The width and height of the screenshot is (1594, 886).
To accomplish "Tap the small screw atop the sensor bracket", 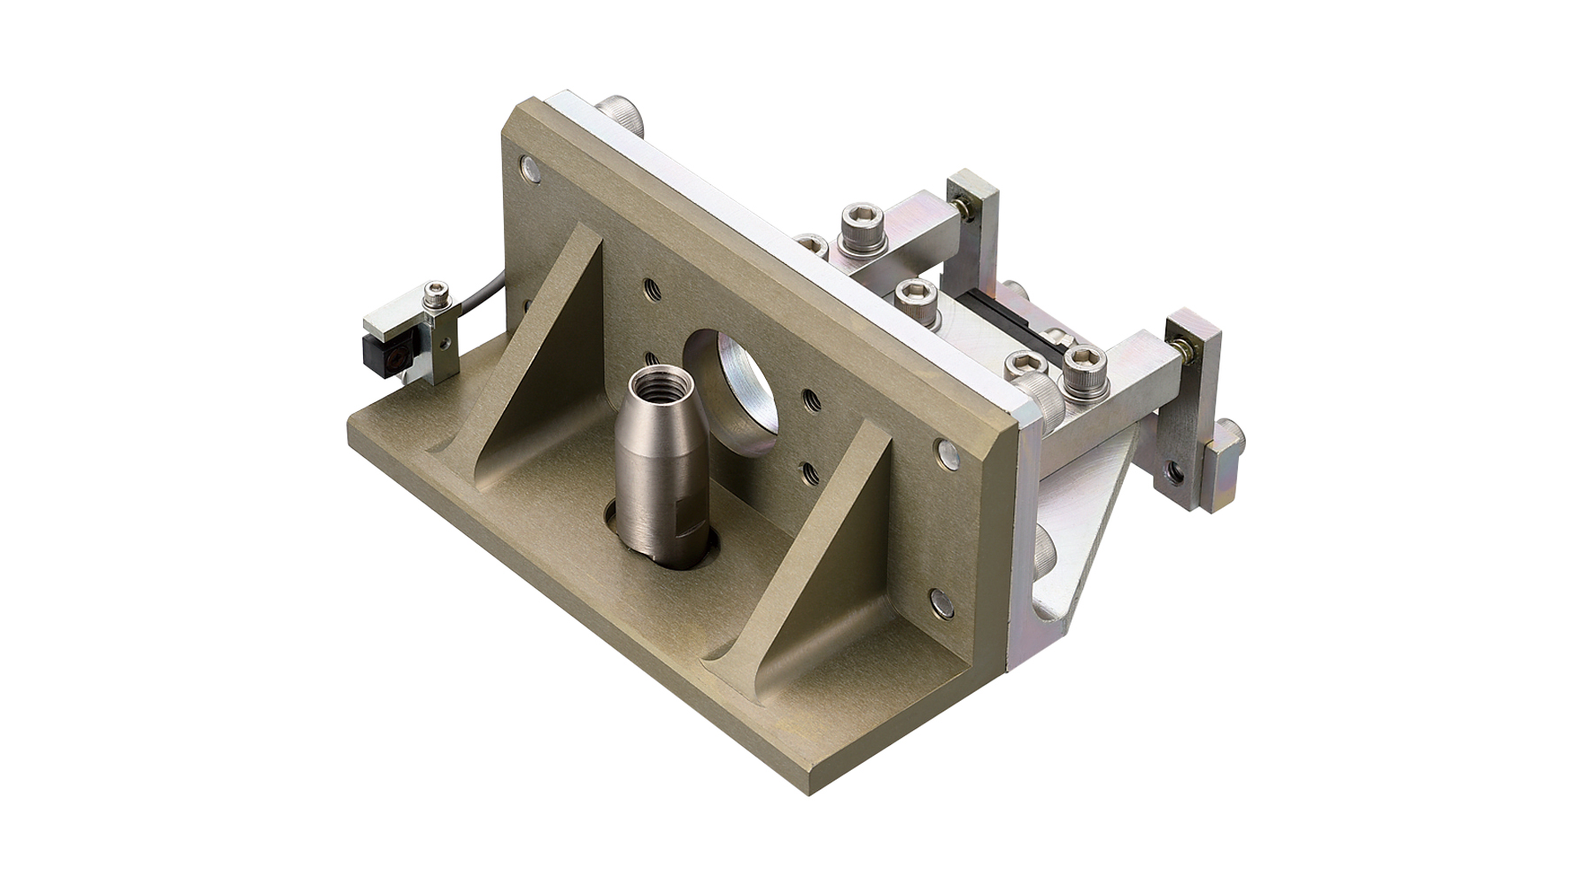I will [x=434, y=291].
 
